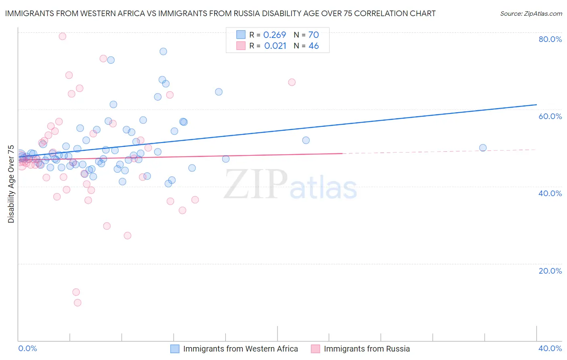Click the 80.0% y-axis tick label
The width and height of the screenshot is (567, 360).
[x=550, y=39]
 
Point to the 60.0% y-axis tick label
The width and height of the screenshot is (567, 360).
[x=550, y=116]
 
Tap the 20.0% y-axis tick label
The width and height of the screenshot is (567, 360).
[x=550, y=271]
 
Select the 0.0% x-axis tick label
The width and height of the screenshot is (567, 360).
[x=27, y=348]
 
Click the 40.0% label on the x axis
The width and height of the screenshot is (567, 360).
[x=550, y=348]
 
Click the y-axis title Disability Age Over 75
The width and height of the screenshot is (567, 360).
[x=11, y=184]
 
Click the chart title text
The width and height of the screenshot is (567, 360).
[x=220, y=13]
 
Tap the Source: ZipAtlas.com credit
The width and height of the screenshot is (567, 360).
[x=531, y=14]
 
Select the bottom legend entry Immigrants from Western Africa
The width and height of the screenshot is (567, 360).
[x=240, y=349]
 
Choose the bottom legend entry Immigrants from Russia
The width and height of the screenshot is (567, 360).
[x=367, y=349]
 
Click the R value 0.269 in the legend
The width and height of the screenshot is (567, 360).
[x=274, y=35]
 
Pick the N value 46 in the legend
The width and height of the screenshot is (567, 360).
[x=313, y=46]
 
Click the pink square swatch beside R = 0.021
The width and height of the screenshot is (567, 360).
[x=241, y=46]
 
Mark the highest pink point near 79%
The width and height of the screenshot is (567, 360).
[x=63, y=36]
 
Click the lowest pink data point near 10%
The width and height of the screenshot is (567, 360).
[x=77, y=303]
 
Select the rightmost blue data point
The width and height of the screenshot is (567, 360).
[x=483, y=148]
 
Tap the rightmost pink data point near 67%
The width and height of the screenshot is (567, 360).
[x=292, y=82]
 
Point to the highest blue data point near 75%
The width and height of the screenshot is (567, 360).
[x=163, y=51]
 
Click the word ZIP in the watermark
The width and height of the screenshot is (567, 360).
[x=256, y=184]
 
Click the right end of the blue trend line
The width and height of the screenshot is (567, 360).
[x=536, y=105]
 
